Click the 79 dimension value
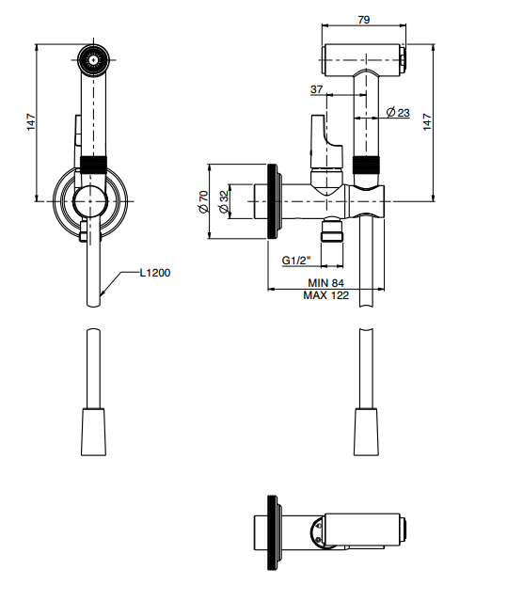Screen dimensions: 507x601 [364, 20]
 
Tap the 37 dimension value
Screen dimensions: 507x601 [317, 89]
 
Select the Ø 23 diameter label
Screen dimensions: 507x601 [398, 113]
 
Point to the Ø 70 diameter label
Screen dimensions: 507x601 [203, 201]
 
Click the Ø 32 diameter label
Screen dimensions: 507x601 [224, 201]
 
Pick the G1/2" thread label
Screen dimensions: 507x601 [295, 261]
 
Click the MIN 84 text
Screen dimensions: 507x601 [325, 283]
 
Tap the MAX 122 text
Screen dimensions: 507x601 [325, 295]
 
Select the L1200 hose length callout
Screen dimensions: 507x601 [155, 273]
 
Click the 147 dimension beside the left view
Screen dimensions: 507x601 [31, 122]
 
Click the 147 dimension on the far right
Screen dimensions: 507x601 [427, 122]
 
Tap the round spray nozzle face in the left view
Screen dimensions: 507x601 [93, 60]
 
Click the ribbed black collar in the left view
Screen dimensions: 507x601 [93, 165]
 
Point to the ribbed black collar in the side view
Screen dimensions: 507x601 [366, 165]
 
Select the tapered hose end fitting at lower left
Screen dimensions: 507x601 [93, 432]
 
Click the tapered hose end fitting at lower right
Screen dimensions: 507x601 [366, 432]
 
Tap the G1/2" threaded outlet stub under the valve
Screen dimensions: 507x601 [332, 229]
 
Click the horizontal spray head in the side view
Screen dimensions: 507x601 [364, 60]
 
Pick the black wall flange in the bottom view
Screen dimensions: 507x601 [272, 532]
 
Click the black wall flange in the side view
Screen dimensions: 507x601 [272, 201]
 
